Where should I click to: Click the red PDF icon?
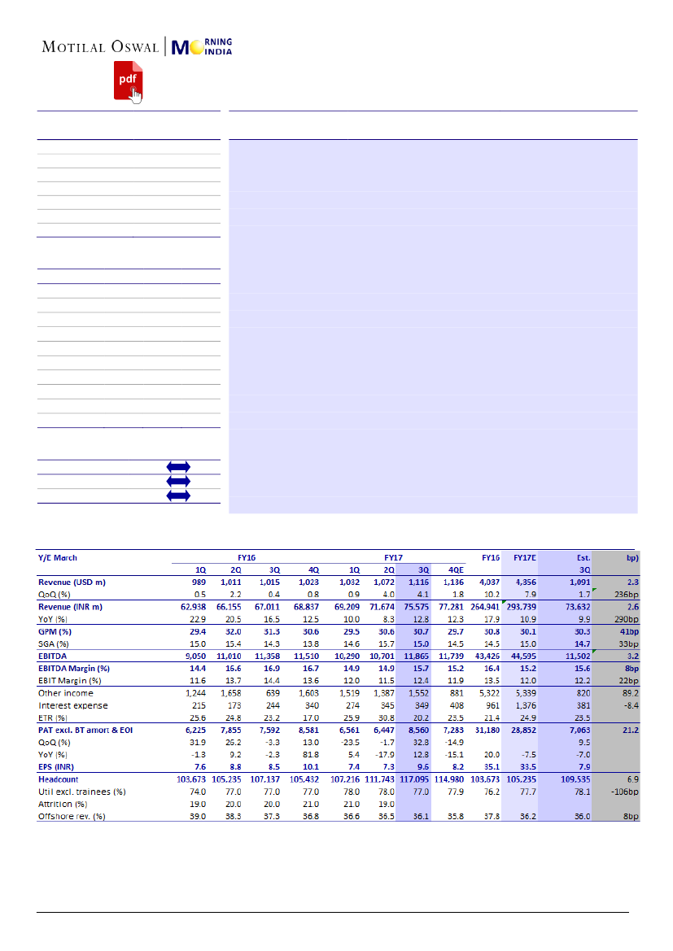click(x=127, y=81)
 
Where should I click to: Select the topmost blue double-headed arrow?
click(x=178, y=467)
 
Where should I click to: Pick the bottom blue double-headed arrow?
click(x=178, y=495)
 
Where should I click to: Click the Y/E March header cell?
click(x=58, y=557)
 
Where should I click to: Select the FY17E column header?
click(x=523, y=557)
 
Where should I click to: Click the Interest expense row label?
click(x=73, y=705)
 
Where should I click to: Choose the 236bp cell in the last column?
click(x=626, y=594)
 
